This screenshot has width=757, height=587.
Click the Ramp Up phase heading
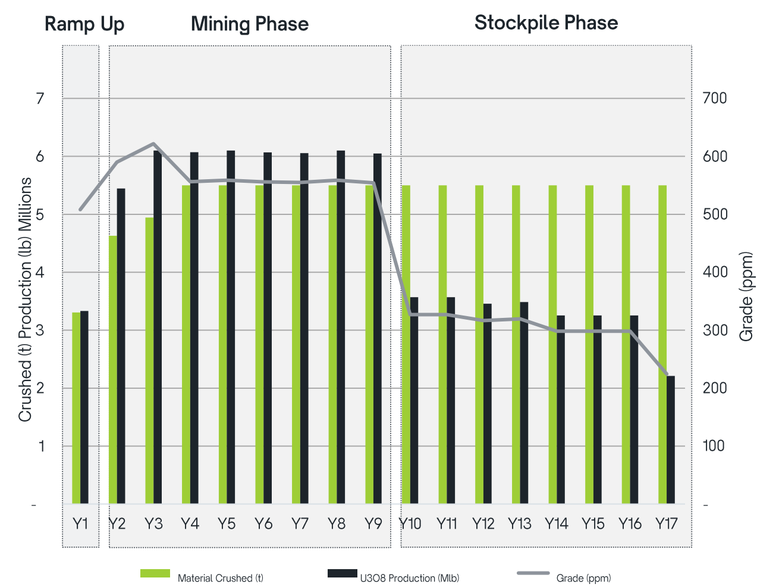click(84, 24)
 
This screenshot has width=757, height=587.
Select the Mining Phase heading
click(249, 24)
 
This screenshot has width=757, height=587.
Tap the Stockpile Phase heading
click(546, 23)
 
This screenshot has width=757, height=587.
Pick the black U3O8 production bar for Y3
click(158, 327)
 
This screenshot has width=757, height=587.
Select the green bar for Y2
click(113, 369)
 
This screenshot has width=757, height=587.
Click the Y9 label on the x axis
click(373, 524)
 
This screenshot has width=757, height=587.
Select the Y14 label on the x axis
click(556, 524)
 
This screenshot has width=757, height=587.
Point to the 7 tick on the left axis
click(40, 98)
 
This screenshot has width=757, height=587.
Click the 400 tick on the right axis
click(715, 272)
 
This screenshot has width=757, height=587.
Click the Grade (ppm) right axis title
click(746, 296)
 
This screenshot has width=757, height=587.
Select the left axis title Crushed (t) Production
click(25, 299)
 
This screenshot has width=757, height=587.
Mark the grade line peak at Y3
click(153, 143)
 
